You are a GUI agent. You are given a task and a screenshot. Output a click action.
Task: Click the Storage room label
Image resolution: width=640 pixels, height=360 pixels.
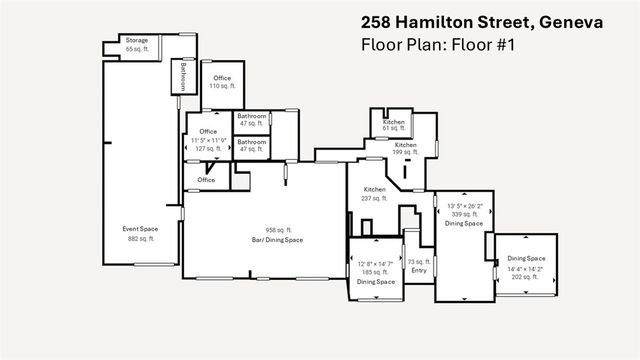click(x=136, y=41)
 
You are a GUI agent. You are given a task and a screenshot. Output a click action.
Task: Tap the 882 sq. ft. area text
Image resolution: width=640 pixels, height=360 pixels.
click(x=140, y=238)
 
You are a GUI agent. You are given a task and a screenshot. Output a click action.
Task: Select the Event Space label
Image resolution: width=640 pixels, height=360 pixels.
click(x=140, y=229)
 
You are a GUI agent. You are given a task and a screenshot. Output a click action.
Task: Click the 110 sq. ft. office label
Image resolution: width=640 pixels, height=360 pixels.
click(x=221, y=86)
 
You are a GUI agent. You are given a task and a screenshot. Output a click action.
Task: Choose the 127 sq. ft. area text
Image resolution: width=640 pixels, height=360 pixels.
click(x=208, y=148)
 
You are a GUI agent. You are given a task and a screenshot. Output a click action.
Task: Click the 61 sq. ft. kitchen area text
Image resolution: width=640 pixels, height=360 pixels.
click(x=393, y=128)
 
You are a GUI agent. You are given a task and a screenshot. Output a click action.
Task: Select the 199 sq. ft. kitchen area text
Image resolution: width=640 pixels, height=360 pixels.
click(x=405, y=154)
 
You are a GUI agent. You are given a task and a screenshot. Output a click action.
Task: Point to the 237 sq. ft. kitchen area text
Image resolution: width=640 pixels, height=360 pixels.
click(x=375, y=198)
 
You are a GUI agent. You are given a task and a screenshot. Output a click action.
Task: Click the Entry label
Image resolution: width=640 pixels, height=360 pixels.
click(x=418, y=271)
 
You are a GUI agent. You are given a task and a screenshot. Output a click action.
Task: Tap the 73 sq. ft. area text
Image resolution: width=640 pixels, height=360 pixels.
click(x=418, y=261)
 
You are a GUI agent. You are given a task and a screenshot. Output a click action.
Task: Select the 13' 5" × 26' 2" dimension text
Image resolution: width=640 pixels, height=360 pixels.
click(x=465, y=206)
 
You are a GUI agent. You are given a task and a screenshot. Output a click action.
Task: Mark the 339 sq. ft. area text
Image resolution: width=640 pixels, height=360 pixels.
click(x=465, y=214)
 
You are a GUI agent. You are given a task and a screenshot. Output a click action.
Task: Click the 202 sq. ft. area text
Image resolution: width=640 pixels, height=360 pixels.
click(x=524, y=276)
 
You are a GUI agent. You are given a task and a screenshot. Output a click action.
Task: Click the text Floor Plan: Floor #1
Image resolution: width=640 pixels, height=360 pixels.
click(x=436, y=46)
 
